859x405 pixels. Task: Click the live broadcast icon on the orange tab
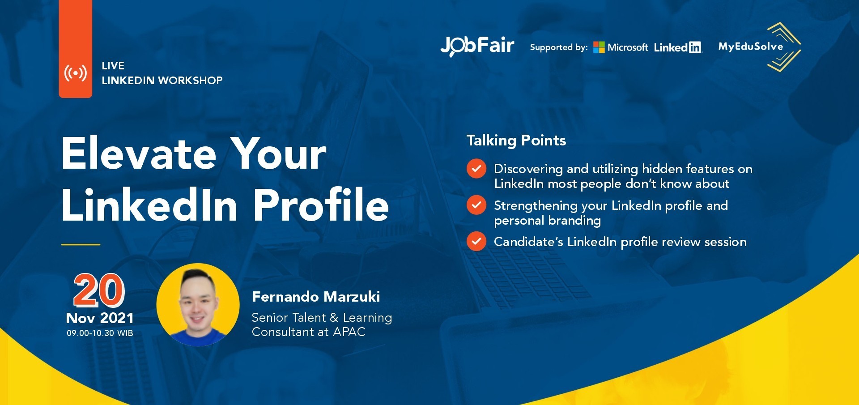pos(75,73)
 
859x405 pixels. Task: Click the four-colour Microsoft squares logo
pos(599,47)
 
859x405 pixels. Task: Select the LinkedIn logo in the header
pos(678,47)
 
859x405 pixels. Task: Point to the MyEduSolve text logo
pos(751,47)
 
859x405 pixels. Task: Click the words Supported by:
pos(559,47)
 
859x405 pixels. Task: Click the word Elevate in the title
pos(139,153)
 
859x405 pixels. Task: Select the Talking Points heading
pos(516,141)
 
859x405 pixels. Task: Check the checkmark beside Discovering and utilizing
pos(476,169)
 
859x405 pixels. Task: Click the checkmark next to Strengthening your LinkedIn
pos(476,205)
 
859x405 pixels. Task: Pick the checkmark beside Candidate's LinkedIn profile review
pos(476,241)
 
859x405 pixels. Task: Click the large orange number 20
pos(99,290)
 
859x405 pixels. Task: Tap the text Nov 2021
pos(100,318)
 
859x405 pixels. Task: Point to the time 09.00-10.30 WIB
pos(100,333)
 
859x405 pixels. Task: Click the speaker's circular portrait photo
pos(198,305)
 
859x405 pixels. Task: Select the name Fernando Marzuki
pos(316,297)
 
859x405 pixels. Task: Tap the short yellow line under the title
pos(81,245)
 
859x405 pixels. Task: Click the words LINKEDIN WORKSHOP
pos(162,81)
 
